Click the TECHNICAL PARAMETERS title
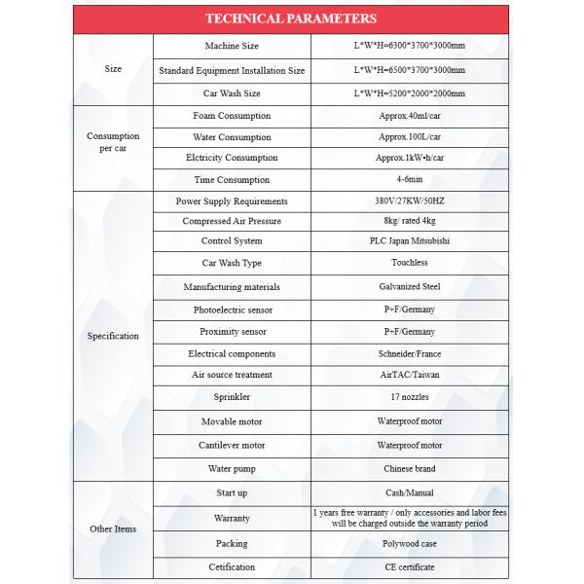[x=292, y=18]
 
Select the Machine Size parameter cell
[x=232, y=47]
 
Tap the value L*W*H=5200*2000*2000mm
[x=409, y=93]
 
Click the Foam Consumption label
[x=232, y=116]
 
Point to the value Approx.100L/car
[x=409, y=136]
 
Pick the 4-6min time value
[x=409, y=179]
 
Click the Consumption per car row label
[x=113, y=142]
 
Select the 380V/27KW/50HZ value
[x=409, y=201]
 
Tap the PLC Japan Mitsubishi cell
[x=409, y=241]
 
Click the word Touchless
[x=409, y=263]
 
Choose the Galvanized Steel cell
[x=409, y=287]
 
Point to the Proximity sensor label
[x=232, y=331]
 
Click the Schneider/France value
[x=409, y=353]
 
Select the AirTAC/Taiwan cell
[x=409, y=375]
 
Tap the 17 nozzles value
[x=409, y=398]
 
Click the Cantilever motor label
[x=232, y=445]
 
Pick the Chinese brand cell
[x=409, y=468]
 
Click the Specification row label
[x=113, y=336]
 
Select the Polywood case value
[x=409, y=543]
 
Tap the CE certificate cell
[x=409, y=566]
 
